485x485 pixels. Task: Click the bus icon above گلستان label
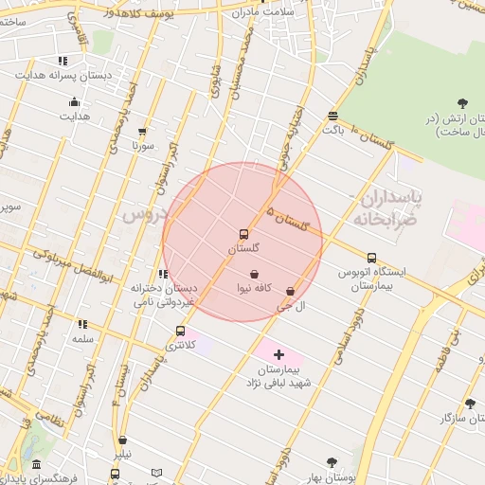tap(243, 234)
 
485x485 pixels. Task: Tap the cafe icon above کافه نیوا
tap(255, 274)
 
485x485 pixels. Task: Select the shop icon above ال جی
tap(290, 292)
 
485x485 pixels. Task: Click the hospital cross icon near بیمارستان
tap(278, 353)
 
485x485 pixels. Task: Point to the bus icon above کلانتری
tap(180, 331)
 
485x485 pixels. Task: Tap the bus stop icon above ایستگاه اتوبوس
tap(371, 257)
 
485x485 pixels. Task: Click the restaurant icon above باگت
tap(332, 116)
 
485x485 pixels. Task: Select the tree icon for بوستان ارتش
tap(462, 102)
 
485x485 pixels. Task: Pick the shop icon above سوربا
tap(143, 133)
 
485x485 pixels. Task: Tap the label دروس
tap(144, 215)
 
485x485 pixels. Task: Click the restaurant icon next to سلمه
tap(82, 324)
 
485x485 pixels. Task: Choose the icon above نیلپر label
tap(123, 440)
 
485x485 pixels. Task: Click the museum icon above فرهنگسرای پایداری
tap(36, 464)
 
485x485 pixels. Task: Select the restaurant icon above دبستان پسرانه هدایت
tap(63, 61)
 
